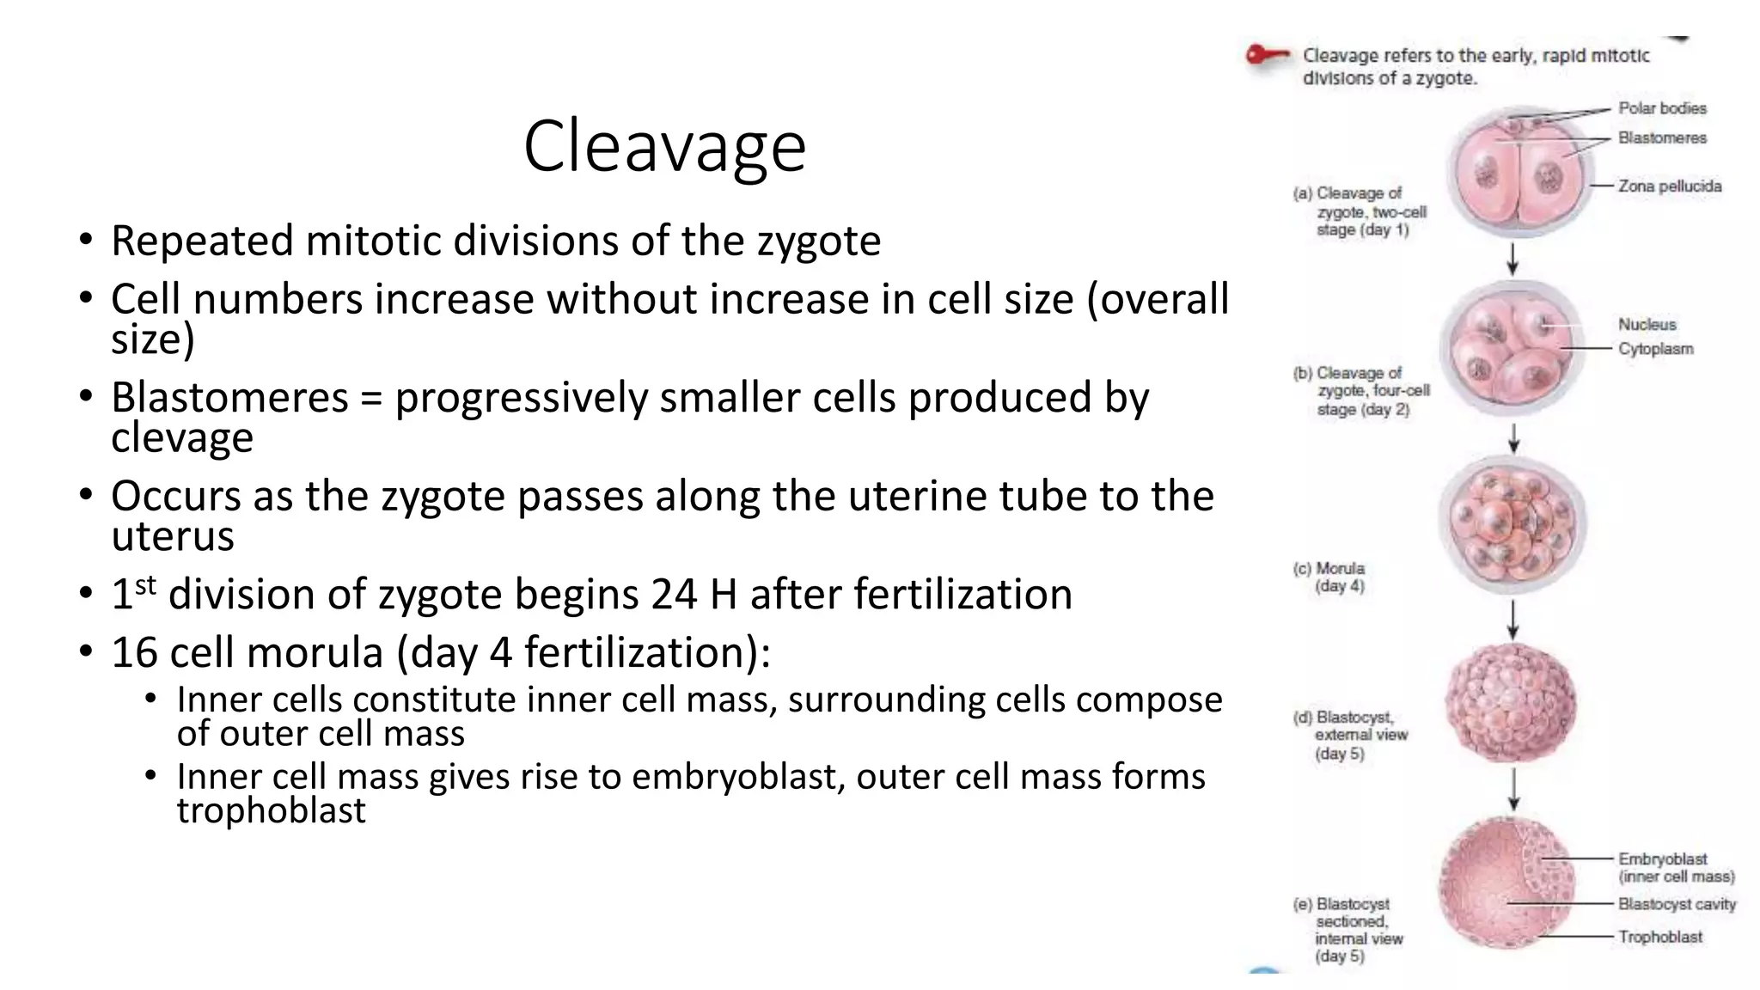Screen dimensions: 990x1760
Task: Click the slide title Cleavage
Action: tap(664, 146)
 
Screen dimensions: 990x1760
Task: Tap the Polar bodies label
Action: tap(1662, 108)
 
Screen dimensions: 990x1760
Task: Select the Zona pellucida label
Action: tap(1670, 186)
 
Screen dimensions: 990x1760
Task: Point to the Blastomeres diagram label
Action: tap(1662, 137)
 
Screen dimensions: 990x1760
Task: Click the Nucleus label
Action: tap(1647, 324)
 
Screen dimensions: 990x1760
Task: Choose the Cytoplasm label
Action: tap(1655, 349)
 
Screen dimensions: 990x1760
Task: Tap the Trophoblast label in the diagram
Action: tap(1659, 937)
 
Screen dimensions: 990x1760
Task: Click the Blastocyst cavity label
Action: tap(1677, 904)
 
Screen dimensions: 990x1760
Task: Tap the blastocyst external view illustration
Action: tap(1511, 702)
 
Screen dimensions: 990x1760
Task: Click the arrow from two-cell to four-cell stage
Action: tap(1513, 258)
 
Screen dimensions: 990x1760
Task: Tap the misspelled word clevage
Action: tap(182, 437)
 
